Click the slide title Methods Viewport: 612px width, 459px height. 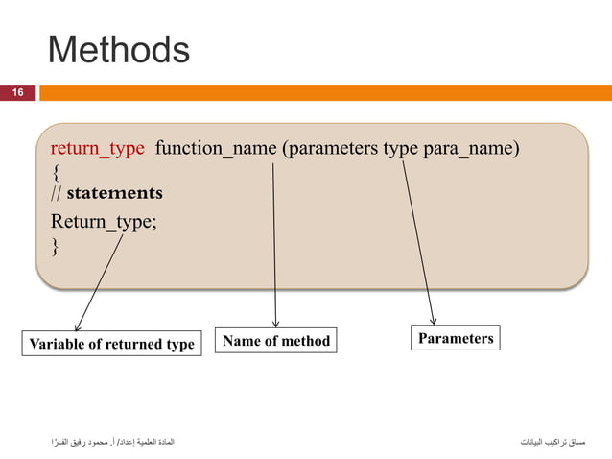(x=118, y=50)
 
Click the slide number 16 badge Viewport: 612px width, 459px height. (x=17, y=93)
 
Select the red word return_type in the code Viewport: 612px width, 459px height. (x=97, y=149)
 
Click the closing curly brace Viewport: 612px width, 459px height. (x=55, y=248)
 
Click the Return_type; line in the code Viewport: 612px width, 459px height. (x=103, y=223)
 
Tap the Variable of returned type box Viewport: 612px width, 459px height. (x=111, y=343)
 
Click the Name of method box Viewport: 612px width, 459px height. (x=276, y=340)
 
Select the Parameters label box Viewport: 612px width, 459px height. (x=456, y=338)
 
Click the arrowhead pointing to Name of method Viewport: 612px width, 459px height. (x=276, y=323)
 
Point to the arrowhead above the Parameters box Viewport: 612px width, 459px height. (x=433, y=320)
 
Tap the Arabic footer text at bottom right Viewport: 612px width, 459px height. (x=552, y=442)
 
